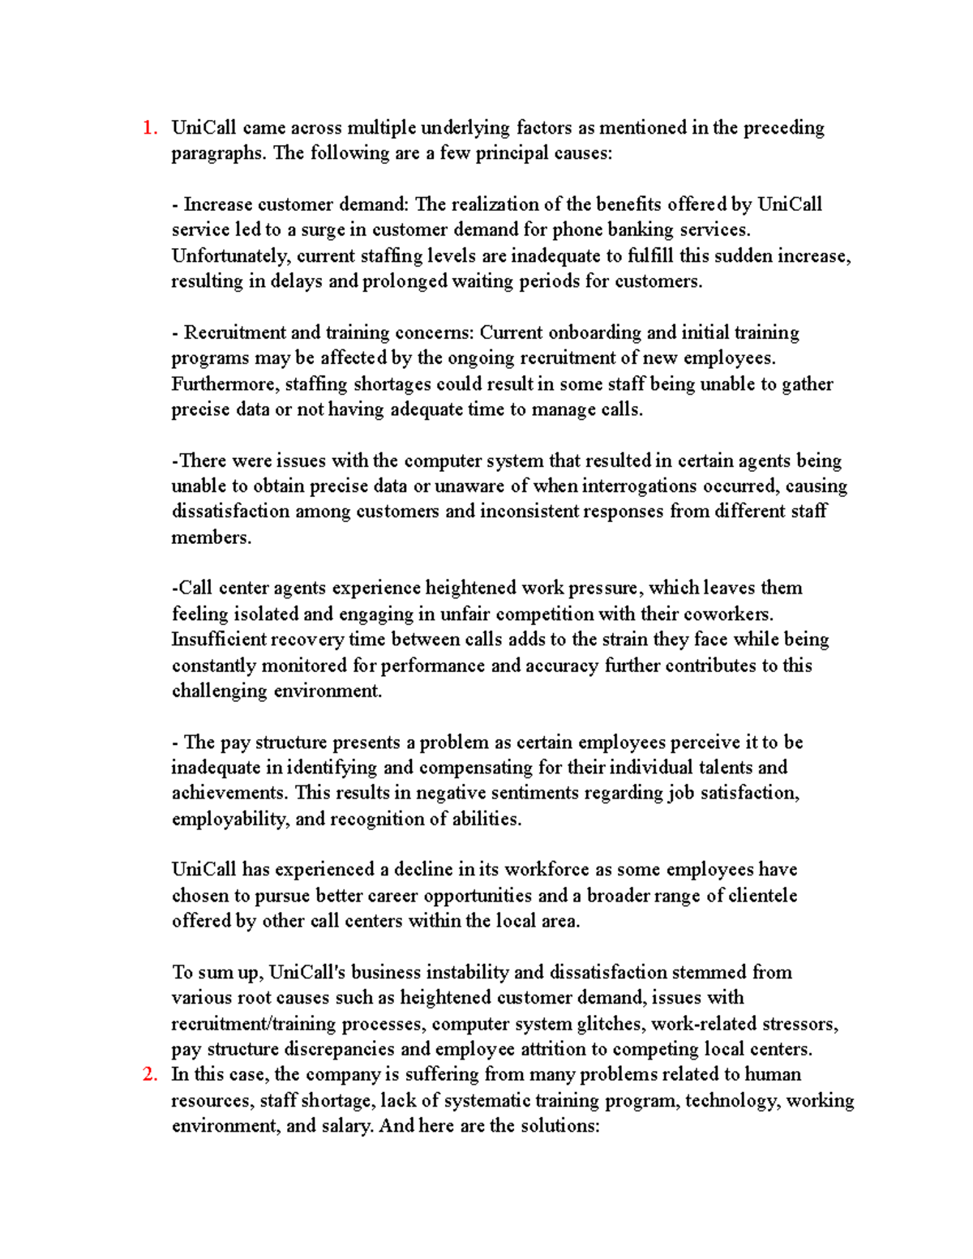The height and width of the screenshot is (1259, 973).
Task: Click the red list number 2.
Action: pos(148,1075)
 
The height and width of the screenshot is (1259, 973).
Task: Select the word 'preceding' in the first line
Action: pos(785,128)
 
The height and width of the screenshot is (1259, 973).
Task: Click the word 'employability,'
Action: pos(230,820)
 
